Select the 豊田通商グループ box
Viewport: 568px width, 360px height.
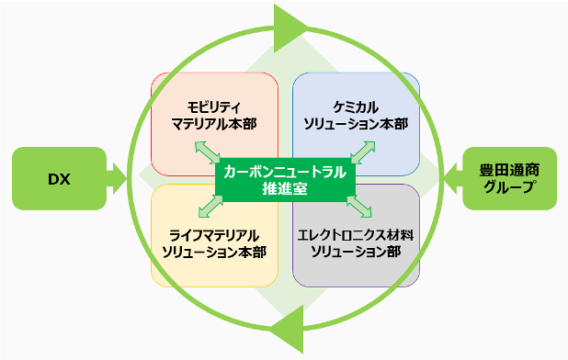click(507, 178)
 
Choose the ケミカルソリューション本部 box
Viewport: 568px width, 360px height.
click(356, 115)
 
